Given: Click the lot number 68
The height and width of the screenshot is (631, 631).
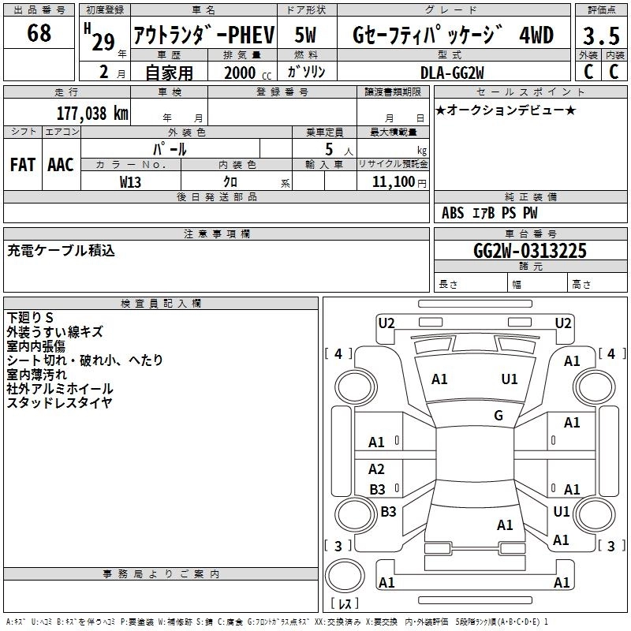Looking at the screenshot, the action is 39,33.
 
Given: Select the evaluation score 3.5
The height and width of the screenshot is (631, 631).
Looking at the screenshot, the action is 600,35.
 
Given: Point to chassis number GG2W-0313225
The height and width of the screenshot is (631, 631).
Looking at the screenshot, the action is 530,251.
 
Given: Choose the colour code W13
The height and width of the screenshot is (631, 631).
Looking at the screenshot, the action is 131,181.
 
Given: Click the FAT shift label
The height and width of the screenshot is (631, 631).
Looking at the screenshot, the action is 23,164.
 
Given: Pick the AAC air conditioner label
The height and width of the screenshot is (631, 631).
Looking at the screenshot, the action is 61,164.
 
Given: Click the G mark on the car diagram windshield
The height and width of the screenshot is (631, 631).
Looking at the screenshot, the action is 498,416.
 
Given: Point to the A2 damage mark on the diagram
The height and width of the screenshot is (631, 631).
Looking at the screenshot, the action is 377,469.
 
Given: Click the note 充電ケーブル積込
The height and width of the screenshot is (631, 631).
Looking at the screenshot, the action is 62,251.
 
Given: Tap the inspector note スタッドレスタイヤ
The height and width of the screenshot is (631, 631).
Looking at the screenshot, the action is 59,403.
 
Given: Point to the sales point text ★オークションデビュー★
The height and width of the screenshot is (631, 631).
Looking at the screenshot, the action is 506,110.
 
